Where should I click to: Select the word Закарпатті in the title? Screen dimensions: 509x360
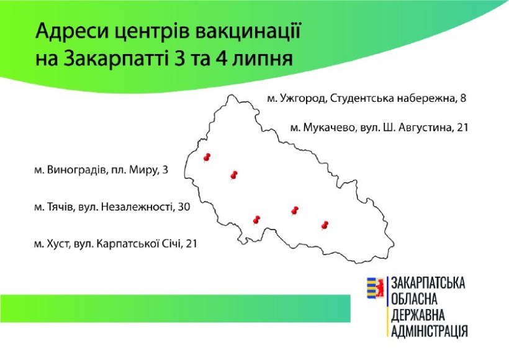coord(116,59)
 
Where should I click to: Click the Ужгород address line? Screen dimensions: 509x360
coord(366,98)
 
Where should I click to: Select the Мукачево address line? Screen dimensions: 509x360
coord(379,128)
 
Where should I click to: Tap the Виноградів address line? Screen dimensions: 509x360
coord(101,170)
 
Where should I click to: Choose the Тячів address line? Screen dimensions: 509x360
coord(112,207)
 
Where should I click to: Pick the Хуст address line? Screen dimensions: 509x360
coord(115,243)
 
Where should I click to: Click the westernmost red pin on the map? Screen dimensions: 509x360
coord(207,158)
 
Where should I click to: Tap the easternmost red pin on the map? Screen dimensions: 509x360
coord(325,225)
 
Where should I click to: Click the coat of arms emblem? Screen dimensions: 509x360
coord(376,288)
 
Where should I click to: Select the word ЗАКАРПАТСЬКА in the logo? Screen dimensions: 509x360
coord(428,283)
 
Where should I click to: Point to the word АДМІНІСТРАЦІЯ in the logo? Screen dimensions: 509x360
coord(429,331)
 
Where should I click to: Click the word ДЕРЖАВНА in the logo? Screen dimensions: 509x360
coord(418,315)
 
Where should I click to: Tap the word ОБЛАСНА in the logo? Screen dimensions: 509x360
coord(414,299)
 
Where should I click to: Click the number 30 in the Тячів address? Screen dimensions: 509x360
coord(184,207)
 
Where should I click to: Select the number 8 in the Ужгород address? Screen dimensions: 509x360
coord(463,98)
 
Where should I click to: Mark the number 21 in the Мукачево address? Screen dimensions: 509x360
coord(462,128)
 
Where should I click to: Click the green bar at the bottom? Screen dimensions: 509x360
coord(175,308)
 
